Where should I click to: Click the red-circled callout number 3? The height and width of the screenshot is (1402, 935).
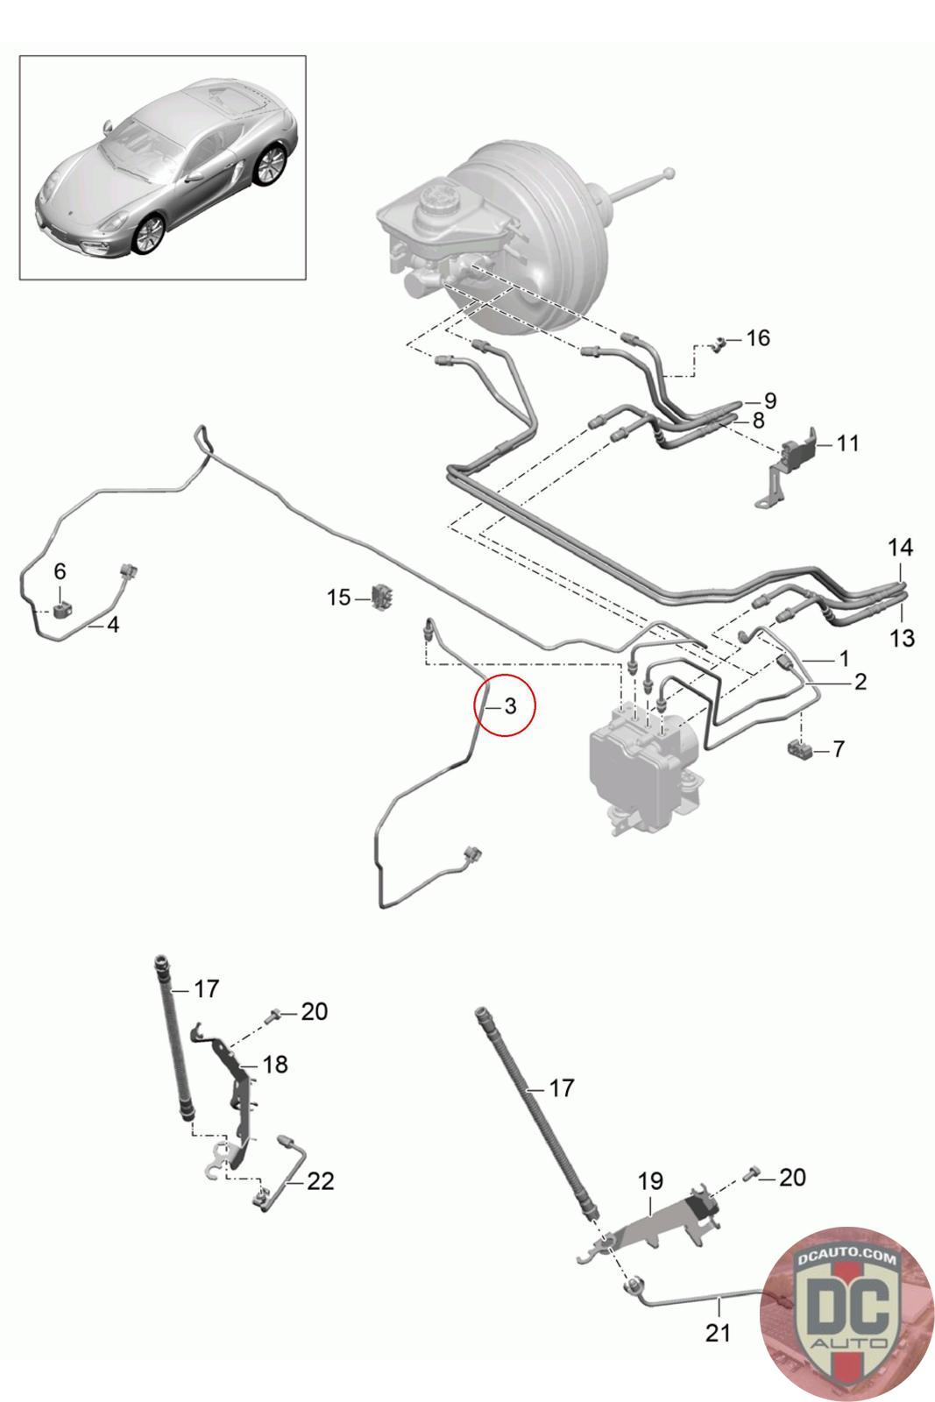tap(511, 705)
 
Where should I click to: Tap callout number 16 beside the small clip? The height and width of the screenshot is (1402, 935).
tap(758, 337)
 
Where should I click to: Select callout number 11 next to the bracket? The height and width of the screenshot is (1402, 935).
tap(847, 443)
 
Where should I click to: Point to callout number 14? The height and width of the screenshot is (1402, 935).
tap(900, 548)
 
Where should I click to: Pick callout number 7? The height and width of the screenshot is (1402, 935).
tap(839, 749)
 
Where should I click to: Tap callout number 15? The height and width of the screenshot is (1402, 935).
tap(338, 598)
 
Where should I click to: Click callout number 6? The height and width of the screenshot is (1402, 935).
tap(60, 571)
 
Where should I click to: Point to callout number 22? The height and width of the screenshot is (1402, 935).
tap(321, 1181)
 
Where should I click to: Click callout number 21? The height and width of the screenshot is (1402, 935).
tap(718, 1333)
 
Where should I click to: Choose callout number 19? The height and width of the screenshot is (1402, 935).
tap(650, 1181)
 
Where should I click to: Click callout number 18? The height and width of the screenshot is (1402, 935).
tap(275, 1065)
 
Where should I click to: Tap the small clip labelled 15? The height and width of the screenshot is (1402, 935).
tap(382, 596)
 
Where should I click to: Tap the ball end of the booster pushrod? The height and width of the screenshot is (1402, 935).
tap(669, 173)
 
